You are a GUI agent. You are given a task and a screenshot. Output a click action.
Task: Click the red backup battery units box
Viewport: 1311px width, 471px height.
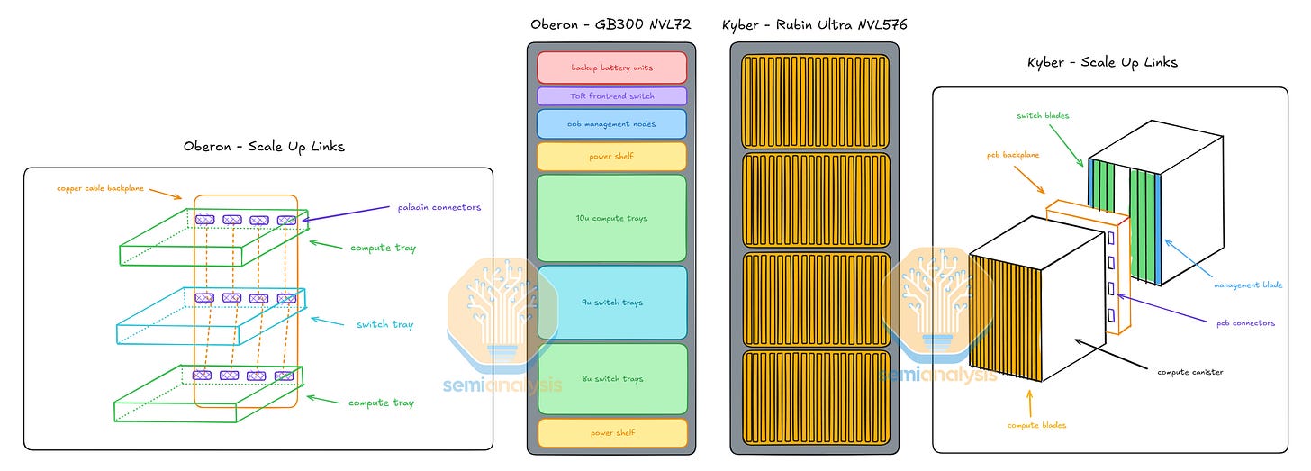coord(611,68)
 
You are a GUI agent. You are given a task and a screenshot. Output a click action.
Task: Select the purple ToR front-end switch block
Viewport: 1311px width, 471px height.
coord(611,95)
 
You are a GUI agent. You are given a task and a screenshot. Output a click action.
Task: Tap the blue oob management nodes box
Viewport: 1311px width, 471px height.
coord(611,124)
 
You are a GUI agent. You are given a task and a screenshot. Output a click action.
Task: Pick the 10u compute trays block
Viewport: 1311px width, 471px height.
coord(611,218)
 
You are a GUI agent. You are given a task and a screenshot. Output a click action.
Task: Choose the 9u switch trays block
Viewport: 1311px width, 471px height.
coord(611,302)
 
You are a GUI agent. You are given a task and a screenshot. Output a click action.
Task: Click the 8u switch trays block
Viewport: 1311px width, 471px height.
coord(611,379)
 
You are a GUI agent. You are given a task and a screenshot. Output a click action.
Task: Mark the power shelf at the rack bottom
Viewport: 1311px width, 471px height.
coord(611,432)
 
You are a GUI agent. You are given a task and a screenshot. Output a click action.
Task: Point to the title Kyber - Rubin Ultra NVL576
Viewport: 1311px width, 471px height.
coord(814,24)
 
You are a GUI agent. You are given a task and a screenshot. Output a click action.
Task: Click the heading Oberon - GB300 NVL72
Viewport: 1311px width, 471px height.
coord(611,24)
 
